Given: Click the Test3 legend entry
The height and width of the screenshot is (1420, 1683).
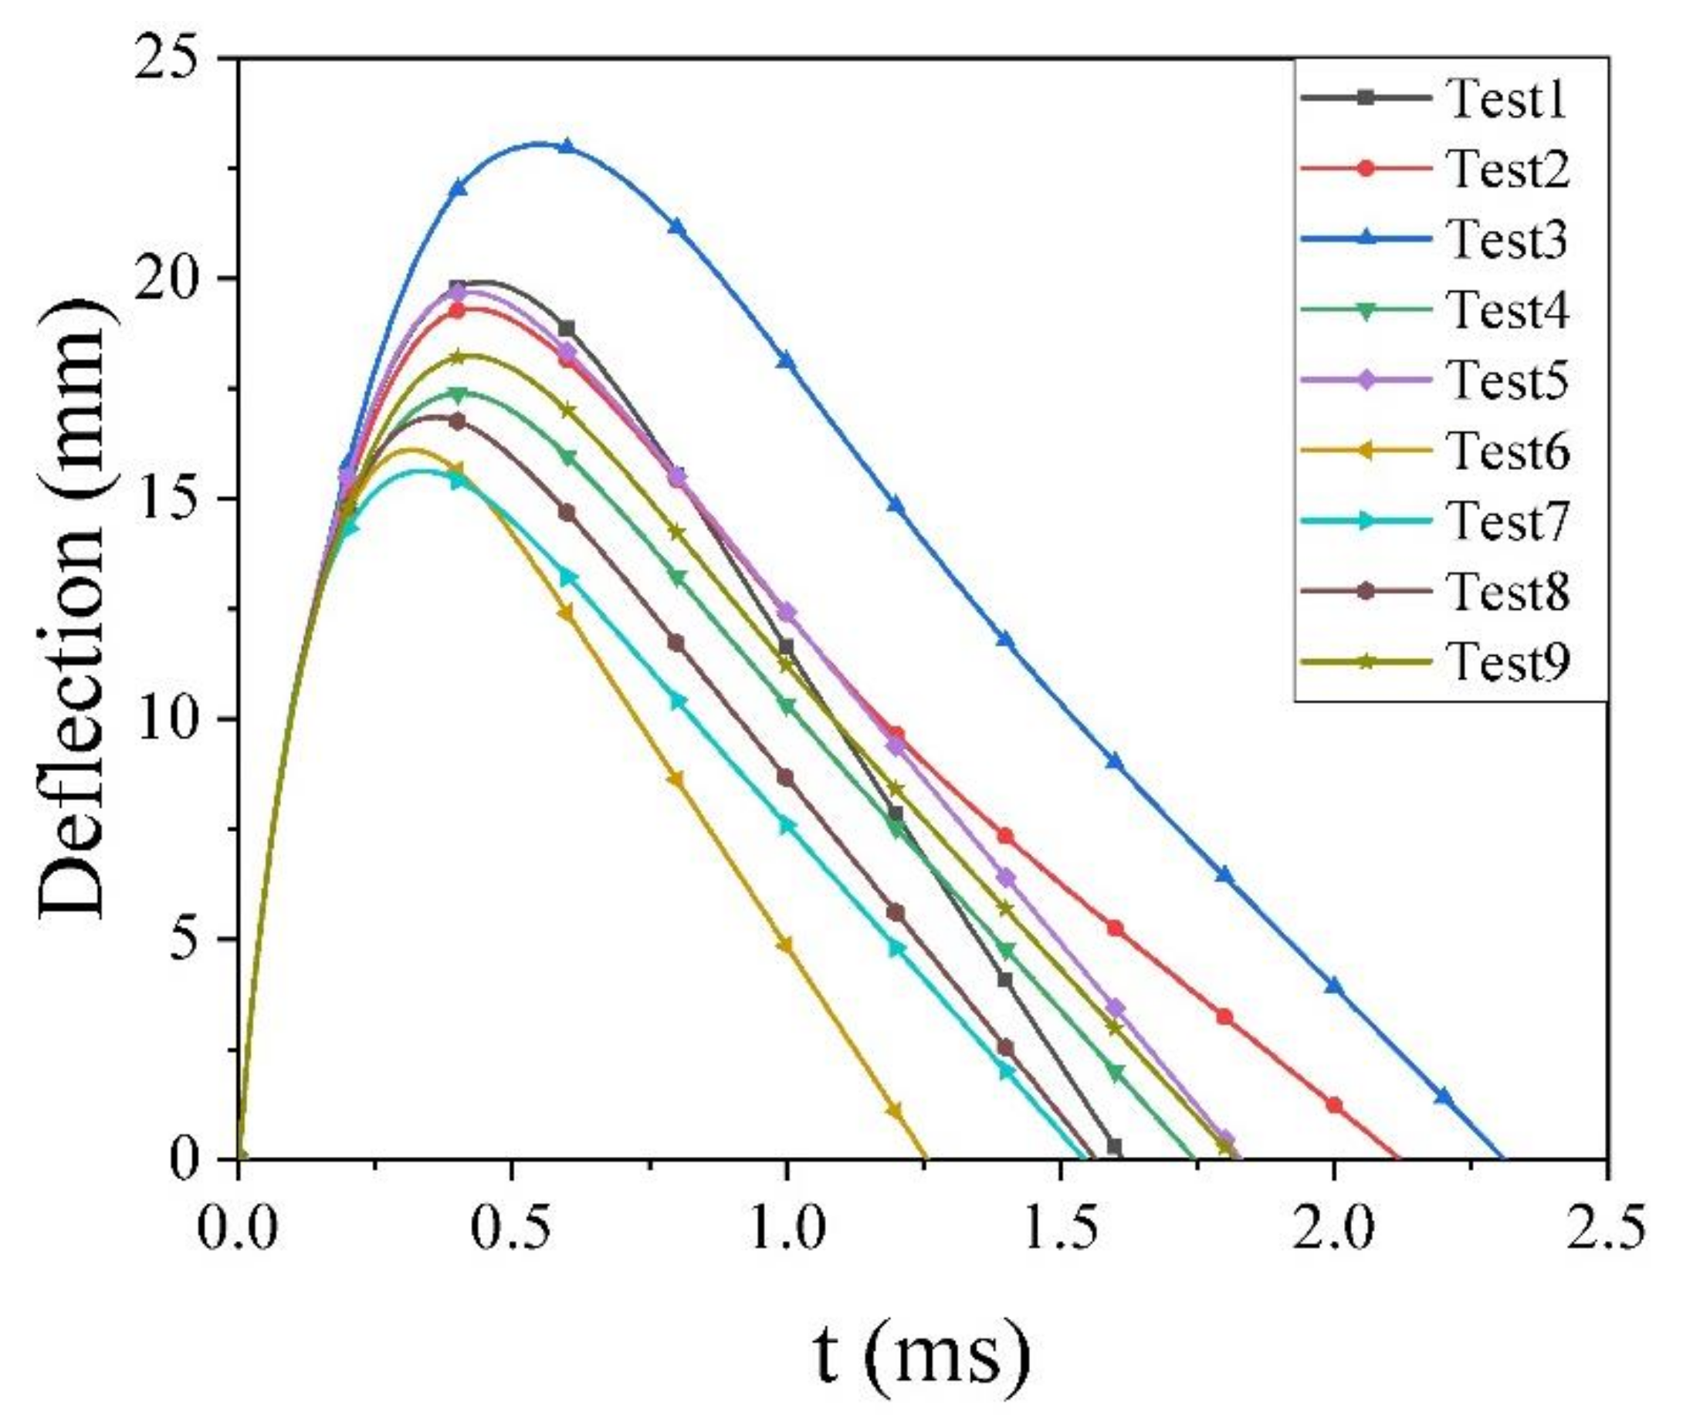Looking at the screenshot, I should click(1507, 240).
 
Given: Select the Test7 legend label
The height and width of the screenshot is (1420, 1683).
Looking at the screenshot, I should click(1507, 521).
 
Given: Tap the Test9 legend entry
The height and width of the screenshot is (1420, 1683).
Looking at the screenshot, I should click(1507, 661).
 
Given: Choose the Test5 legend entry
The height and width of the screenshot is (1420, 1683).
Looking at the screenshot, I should click(1507, 380).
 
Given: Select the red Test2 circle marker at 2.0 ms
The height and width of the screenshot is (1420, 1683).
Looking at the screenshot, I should click(1333, 1105).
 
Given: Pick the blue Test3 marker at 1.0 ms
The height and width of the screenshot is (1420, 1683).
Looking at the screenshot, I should click(786, 360).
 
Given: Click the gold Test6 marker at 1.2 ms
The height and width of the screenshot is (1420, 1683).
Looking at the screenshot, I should click(895, 1111).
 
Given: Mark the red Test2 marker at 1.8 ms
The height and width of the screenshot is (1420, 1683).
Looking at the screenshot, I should click(1224, 1016).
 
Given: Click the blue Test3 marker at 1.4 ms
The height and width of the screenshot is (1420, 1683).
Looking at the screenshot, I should click(1005, 640).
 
